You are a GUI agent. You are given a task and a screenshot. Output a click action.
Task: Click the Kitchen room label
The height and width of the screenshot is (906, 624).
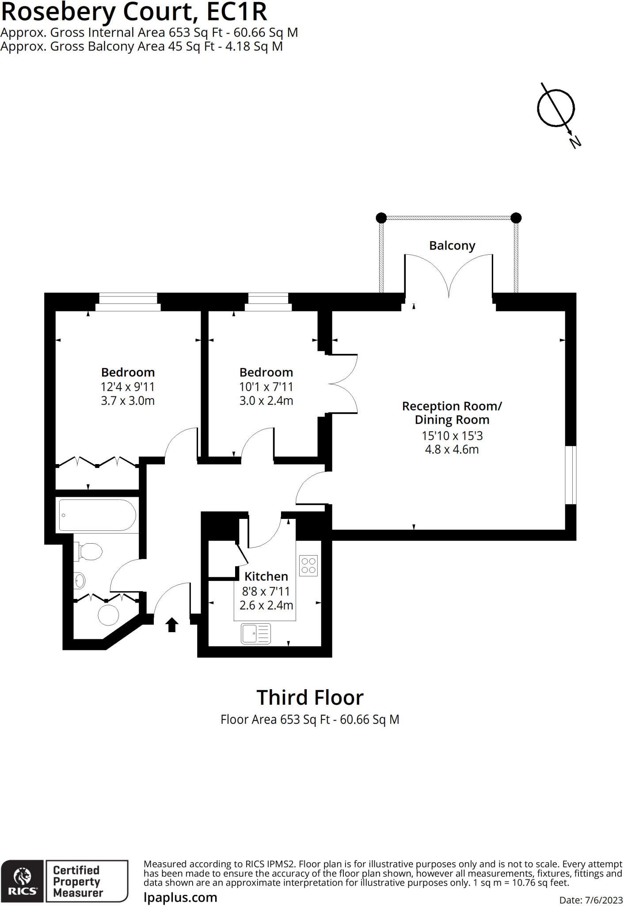pyautogui.click(x=266, y=576)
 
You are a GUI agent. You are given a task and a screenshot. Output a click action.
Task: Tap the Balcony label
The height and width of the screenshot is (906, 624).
pyautogui.click(x=452, y=246)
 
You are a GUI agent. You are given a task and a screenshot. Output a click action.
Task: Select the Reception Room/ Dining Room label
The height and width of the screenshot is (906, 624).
pyautogui.click(x=452, y=413)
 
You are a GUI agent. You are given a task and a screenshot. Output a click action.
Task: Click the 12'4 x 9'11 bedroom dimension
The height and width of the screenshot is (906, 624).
pyautogui.click(x=128, y=387)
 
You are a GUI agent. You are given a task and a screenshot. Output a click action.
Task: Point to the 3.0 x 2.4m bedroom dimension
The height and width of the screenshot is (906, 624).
pyautogui.click(x=266, y=401)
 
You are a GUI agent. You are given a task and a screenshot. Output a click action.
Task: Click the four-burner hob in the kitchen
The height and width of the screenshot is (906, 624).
pyautogui.click(x=308, y=565)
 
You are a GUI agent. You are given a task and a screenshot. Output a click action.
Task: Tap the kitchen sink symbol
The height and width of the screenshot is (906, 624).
pyautogui.click(x=256, y=633)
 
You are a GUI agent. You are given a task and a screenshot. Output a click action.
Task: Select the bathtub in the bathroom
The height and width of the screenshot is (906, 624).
pyautogui.click(x=97, y=515)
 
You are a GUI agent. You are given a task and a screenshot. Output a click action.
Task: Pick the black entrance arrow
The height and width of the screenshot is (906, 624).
pyautogui.click(x=172, y=625)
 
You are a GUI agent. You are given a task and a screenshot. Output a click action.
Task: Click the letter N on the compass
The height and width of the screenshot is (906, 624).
pyautogui.click(x=575, y=142)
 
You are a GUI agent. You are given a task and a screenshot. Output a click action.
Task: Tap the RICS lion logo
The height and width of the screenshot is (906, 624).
pyautogui.click(x=23, y=882)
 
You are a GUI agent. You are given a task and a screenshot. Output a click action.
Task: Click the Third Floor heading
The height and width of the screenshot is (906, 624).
pyautogui.click(x=310, y=698)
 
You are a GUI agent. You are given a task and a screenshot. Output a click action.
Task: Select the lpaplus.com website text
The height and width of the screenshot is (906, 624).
pyautogui.click(x=180, y=898)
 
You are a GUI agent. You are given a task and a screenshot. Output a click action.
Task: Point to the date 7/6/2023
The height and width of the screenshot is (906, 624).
pyautogui.click(x=604, y=900)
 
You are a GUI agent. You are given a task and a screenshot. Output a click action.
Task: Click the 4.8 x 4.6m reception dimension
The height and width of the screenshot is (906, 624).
pyautogui.click(x=452, y=449)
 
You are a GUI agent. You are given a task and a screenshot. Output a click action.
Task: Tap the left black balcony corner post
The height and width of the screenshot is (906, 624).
pyautogui.click(x=381, y=218)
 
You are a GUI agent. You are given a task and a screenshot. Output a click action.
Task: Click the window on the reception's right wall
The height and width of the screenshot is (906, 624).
pyautogui.click(x=571, y=475)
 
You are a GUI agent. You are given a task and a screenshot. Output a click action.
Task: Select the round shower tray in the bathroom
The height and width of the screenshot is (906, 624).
pyautogui.click(x=108, y=615)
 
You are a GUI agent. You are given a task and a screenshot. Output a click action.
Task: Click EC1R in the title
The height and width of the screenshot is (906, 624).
pyautogui.click(x=237, y=12)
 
